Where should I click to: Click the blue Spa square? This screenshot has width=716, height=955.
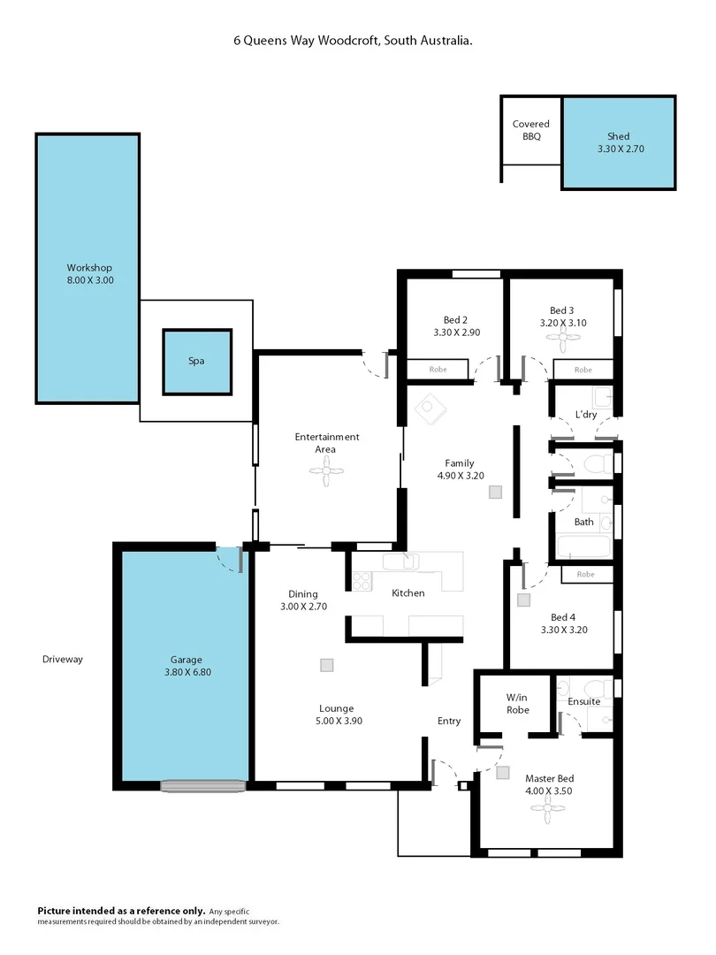click(x=196, y=362)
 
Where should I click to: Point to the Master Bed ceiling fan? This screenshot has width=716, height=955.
click(x=552, y=806)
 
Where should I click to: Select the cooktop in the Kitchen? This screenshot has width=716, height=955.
click(x=362, y=581)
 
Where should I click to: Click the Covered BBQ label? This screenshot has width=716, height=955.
click(x=530, y=131)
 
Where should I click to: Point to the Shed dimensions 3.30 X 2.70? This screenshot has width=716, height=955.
click(x=619, y=149)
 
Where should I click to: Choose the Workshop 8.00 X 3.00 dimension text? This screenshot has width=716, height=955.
click(x=90, y=280)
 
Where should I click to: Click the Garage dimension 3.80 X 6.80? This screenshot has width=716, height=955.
click(x=186, y=672)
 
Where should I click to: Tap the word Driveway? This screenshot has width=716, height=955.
click(x=62, y=659)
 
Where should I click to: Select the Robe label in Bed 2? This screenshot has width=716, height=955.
click(x=437, y=370)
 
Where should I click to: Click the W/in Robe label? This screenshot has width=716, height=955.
click(x=517, y=703)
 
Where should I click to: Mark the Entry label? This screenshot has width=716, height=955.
click(x=449, y=721)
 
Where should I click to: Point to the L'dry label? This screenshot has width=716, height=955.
click(x=584, y=415)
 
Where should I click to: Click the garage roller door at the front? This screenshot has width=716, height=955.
click(x=203, y=784)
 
